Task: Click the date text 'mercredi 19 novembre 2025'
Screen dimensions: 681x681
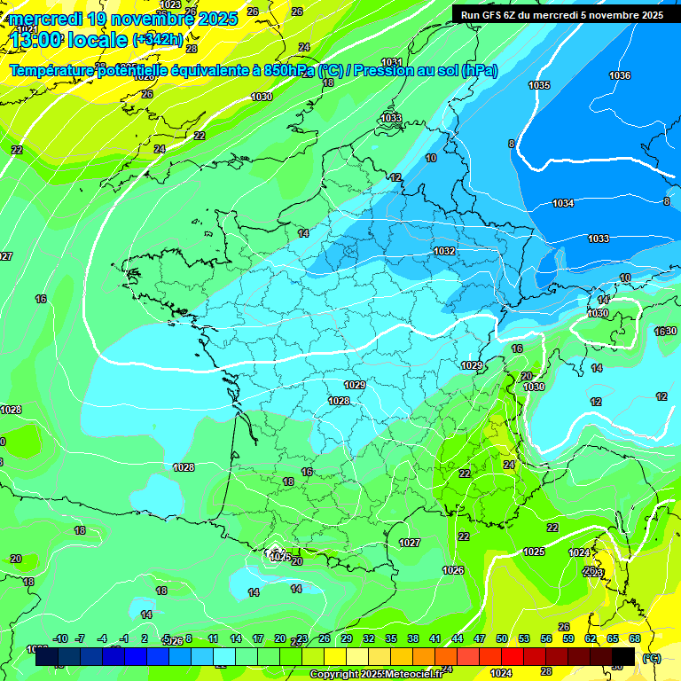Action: click(x=123, y=19)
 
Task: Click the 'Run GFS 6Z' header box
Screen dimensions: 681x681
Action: click(x=561, y=14)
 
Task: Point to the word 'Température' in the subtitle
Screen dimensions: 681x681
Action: click(x=53, y=70)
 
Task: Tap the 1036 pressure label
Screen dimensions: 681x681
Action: click(x=620, y=75)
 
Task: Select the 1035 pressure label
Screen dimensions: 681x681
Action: click(x=539, y=85)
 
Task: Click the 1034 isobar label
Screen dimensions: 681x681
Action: click(x=563, y=203)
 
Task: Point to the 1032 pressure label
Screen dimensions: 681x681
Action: click(x=444, y=251)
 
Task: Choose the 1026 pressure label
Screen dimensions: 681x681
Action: click(x=453, y=569)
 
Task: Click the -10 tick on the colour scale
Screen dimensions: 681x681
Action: click(x=60, y=638)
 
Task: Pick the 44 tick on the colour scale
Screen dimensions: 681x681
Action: click(x=458, y=638)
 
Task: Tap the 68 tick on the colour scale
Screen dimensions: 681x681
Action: click(x=635, y=638)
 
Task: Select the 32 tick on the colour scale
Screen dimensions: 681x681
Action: click(x=369, y=638)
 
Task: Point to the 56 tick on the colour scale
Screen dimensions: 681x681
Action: click(x=546, y=638)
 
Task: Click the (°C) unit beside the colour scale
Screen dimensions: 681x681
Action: click(x=652, y=657)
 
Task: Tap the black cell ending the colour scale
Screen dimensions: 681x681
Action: click(x=623, y=656)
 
